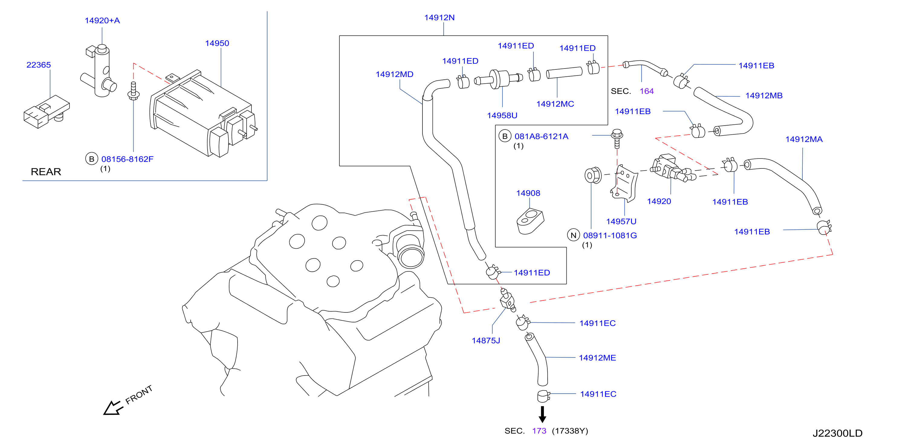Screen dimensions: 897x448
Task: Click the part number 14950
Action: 217,43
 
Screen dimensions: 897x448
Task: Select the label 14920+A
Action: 102,21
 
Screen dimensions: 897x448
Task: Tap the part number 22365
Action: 39,65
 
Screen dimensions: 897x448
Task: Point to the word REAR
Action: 46,172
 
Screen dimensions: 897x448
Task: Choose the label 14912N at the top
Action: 439,18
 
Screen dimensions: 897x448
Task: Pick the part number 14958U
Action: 502,116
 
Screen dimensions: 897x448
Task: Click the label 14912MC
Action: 555,104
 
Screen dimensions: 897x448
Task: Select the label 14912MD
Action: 394,75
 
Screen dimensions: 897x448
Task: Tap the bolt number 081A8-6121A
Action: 542,136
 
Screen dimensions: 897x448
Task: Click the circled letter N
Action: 574,235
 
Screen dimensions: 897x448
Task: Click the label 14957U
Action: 621,222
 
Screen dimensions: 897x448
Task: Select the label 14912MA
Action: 804,139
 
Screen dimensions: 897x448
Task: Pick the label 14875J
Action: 486,341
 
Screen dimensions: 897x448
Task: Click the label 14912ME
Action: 597,358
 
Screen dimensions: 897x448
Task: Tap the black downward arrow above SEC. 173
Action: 542,414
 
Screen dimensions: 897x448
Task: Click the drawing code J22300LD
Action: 837,434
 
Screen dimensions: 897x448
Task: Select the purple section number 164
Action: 647,91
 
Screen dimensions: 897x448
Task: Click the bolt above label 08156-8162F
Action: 133,91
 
